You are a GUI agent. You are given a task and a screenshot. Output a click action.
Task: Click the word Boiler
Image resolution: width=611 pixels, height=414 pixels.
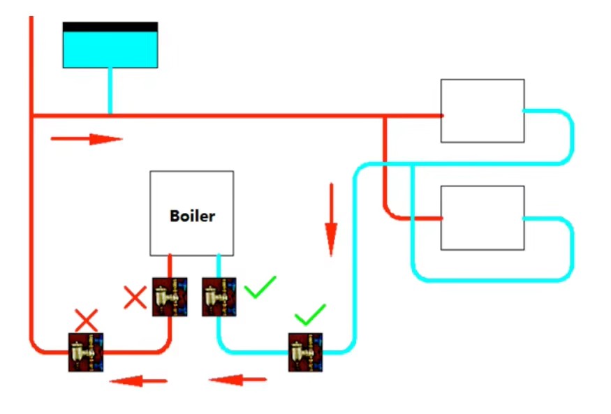(193, 216)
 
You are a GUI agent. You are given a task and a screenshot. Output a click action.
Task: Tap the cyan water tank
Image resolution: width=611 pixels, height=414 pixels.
(110, 50)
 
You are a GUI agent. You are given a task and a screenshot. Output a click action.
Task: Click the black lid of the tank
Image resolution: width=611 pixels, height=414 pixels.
(110, 27)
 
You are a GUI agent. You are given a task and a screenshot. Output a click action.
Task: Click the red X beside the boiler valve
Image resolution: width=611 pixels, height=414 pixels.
(135, 297)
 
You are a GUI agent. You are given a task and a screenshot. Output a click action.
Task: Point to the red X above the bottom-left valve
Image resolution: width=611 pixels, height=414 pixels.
(86, 320)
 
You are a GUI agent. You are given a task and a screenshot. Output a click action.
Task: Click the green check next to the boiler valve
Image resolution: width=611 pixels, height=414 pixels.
(260, 287)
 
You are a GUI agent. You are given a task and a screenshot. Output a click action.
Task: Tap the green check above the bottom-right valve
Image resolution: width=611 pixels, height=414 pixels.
(310, 314)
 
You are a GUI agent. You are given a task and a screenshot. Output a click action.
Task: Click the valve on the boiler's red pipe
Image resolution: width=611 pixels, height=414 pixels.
(170, 297)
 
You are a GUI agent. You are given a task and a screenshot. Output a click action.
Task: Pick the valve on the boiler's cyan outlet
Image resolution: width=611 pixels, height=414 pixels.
(219, 297)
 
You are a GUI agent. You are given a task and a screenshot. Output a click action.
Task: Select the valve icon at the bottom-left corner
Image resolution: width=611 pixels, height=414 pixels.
(86, 352)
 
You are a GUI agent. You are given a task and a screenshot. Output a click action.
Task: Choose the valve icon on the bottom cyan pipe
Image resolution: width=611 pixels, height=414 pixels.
(305, 352)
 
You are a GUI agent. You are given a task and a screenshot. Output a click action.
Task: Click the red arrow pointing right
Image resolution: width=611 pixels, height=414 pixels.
(87, 139)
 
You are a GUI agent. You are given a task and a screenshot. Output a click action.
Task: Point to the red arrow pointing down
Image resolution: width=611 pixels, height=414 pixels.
(331, 219)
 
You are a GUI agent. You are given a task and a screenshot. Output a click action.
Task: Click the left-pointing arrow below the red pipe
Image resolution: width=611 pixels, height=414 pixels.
(139, 380)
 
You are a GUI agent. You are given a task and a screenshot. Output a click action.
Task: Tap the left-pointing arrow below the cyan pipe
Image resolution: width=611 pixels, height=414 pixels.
(237, 379)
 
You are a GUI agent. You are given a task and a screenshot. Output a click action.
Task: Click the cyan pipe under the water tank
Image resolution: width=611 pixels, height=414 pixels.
(110, 91)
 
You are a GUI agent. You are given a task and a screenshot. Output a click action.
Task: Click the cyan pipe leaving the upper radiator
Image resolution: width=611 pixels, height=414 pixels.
(572, 136)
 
